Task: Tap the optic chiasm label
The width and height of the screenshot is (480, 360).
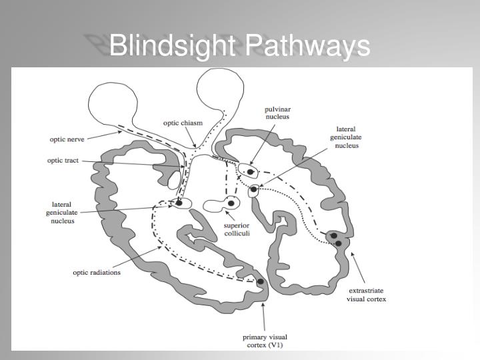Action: pyautogui.click(x=183, y=123)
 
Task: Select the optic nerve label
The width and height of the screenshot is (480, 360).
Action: pyautogui.click(x=67, y=139)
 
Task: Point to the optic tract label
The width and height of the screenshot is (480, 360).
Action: pyautogui.click(x=63, y=160)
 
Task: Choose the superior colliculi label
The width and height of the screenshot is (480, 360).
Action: pyautogui.click(x=237, y=230)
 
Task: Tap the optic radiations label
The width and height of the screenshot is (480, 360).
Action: pyautogui.click(x=97, y=273)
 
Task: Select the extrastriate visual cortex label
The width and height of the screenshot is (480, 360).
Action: pyautogui.click(x=367, y=295)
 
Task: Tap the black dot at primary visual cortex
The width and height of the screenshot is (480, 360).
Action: pyautogui.click(x=261, y=282)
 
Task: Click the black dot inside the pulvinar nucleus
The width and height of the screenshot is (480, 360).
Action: pyautogui.click(x=251, y=172)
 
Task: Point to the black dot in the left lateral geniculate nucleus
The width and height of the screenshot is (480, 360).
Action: pyautogui.click(x=179, y=202)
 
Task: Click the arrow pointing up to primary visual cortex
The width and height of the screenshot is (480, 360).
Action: pyautogui.click(x=265, y=313)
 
